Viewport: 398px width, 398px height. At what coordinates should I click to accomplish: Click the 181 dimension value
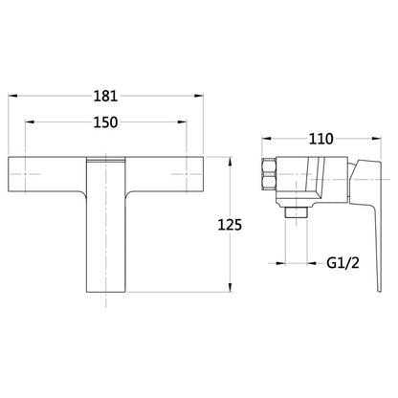coord(105,96)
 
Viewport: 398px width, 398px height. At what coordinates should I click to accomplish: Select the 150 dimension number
coord(105,122)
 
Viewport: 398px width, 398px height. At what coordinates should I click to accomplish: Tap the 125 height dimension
coord(230,225)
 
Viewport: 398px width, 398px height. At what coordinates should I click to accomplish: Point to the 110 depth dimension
coord(321,139)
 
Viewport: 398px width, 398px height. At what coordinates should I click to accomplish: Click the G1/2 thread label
coord(343,263)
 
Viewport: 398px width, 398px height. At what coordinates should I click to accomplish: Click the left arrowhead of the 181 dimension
coord(12,96)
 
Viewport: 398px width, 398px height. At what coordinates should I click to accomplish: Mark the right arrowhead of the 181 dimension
coord(199,96)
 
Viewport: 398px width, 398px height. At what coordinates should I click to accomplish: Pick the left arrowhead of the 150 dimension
coord(30,122)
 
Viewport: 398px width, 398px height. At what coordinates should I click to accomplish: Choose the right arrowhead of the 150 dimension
coord(182,122)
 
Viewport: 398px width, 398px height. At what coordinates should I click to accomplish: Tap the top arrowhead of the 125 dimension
coord(230,162)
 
